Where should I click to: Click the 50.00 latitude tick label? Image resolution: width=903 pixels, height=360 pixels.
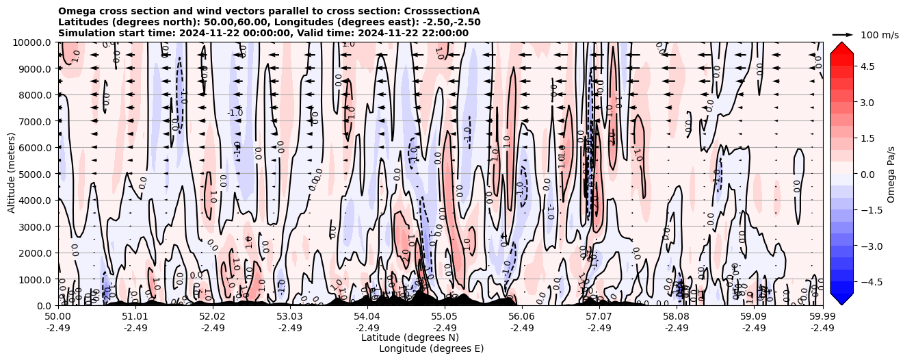click(58, 317)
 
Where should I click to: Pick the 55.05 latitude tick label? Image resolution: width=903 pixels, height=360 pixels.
click(445, 317)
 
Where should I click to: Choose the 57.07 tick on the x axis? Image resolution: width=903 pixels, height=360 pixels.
click(599, 317)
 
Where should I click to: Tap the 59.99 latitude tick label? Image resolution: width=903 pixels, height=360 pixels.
click(822, 317)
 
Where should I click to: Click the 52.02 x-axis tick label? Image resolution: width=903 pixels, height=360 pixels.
click(213, 317)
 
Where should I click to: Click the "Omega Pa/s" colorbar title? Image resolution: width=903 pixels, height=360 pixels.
click(891, 174)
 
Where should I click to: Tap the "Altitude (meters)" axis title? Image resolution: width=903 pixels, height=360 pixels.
click(12, 174)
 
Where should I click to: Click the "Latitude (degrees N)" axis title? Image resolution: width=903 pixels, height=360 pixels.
click(410, 337)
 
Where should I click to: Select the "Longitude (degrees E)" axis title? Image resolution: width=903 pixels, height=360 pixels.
click(432, 348)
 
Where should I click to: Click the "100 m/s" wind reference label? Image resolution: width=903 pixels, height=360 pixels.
click(879, 35)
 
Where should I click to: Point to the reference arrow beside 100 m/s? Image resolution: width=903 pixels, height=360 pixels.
click(843, 34)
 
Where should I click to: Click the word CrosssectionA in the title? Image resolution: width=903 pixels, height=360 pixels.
click(443, 11)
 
